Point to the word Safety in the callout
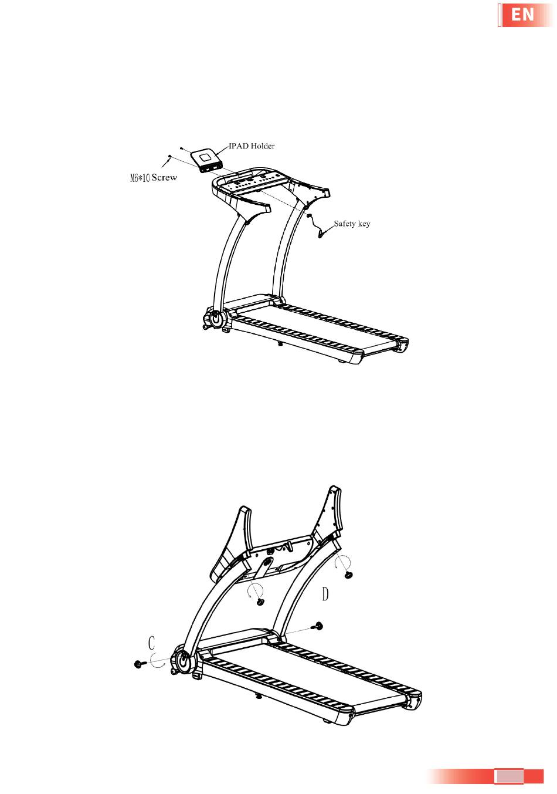(x=345, y=224)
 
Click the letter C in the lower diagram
(x=151, y=643)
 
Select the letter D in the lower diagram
(x=325, y=594)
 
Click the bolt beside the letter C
(x=139, y=664)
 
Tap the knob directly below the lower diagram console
(x=261, y=601)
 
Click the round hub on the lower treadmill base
(x=182, y=661)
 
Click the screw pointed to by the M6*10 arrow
(x=169, y=156)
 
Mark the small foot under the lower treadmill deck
(x=258, y=697)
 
